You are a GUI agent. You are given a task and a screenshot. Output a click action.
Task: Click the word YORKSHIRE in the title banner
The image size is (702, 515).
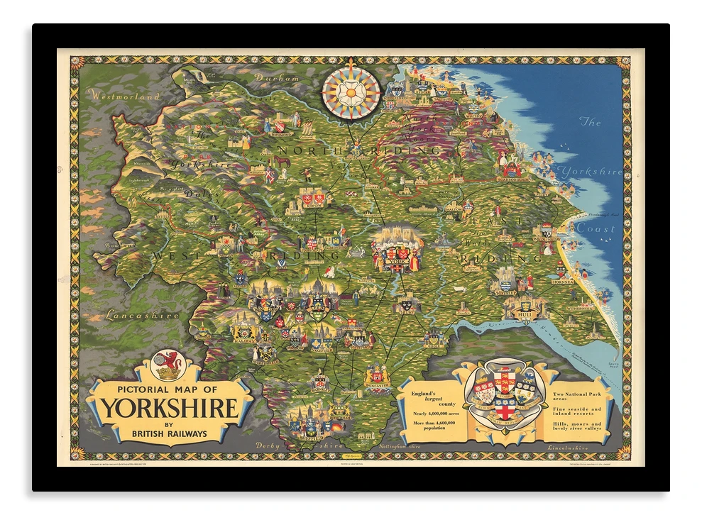tap(169, 409)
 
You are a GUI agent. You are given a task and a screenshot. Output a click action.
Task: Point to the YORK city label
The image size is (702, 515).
tap(396, 262)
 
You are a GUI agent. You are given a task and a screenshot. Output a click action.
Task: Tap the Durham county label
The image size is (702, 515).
tap(277, 79)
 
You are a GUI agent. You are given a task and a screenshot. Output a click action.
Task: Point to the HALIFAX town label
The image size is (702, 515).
tap(244, 340)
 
